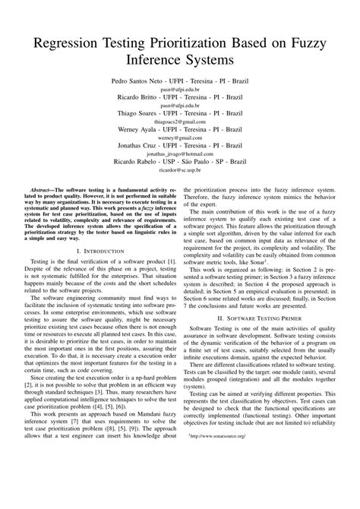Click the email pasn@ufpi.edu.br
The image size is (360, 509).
(x=179, y=89)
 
